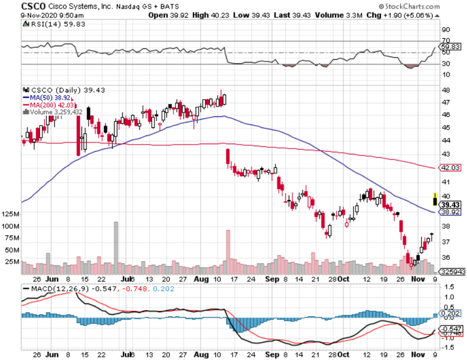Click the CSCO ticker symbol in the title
coord(34,6)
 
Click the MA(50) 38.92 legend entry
coord(49,97)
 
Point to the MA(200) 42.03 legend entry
coord(50,105)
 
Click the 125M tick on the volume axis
coord(10,214)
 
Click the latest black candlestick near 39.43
coord(435,199)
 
